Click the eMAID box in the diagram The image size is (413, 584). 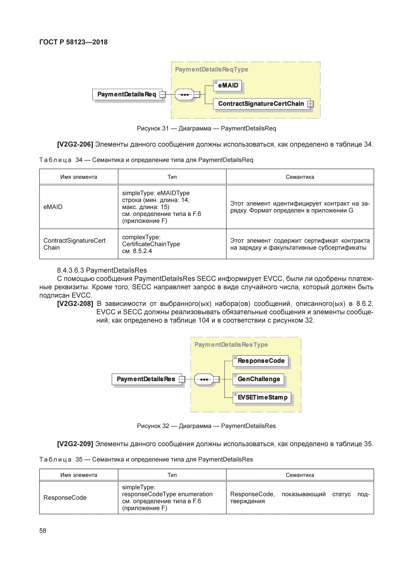tap(227, 85)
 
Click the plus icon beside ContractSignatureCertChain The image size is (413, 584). tap(310, 104)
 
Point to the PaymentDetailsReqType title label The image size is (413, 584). tap(211, 69)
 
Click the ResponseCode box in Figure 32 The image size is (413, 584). tap(261, 361)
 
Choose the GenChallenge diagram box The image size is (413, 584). tap(258, 379)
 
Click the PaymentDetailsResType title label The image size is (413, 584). tap(231, 345)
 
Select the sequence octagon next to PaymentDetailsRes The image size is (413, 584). tap(204, 379)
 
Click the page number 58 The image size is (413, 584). tap(43, 531)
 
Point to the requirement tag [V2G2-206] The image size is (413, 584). tap(75, 145)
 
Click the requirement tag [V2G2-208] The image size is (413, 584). tap(75, 304)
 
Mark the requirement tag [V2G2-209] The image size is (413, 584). tap(75, 444)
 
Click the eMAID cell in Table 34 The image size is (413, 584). tap(53, 207)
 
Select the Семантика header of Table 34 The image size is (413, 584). tap(300, 177)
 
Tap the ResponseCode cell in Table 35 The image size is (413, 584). tap(65, 498)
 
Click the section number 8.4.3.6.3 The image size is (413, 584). tap(70, 270)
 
